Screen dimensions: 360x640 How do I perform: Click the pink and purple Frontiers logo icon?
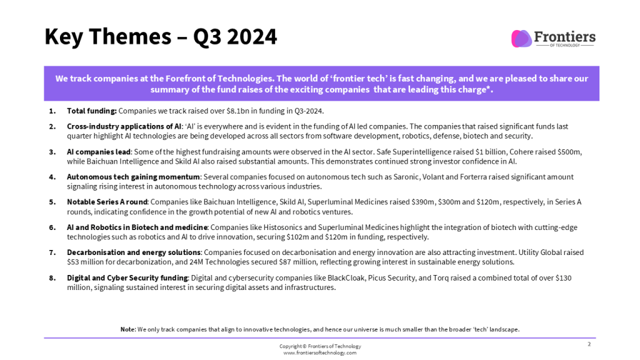pos(521,39)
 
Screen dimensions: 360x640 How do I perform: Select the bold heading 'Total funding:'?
pos(92,111)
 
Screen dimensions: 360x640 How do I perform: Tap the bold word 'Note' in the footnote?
pos(127,329)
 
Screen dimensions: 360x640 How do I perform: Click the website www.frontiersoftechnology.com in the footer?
pos(320,353)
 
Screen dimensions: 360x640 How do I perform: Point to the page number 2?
pos(589,344)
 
